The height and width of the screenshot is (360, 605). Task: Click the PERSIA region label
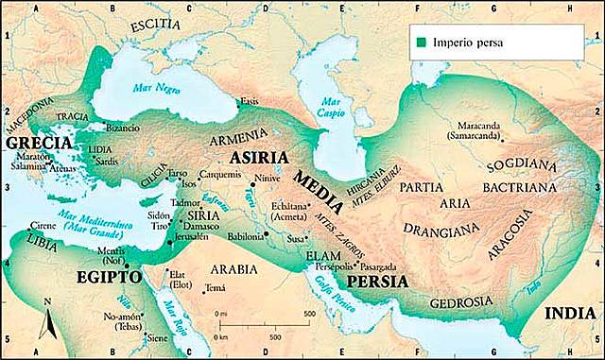[377, 282]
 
